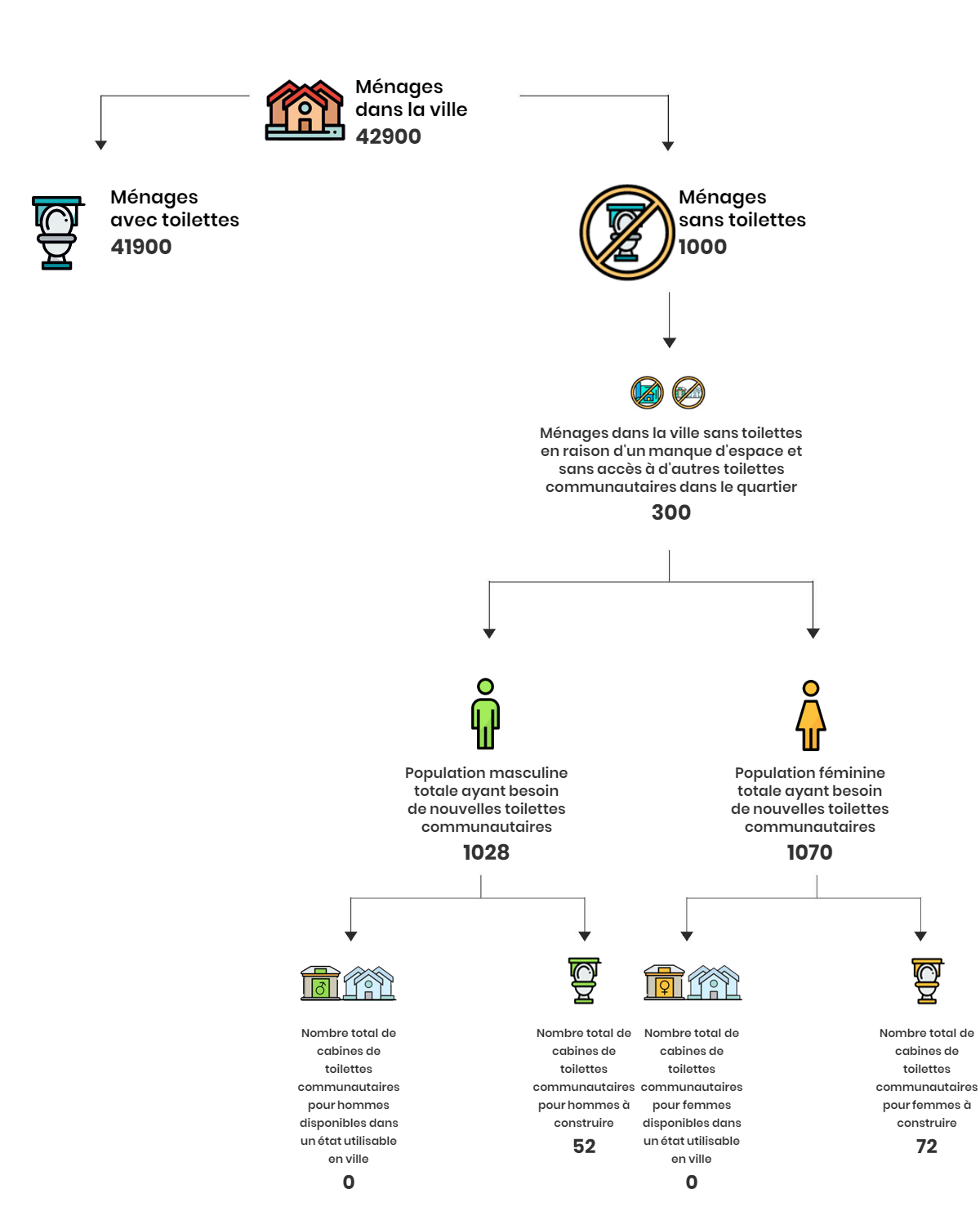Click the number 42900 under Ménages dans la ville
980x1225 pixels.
[388, 136]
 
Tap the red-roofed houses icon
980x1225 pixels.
[305, 110]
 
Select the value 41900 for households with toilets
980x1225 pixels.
[141, 247]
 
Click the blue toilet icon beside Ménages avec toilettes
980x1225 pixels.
[57, 232]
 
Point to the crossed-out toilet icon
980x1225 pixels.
[626, 232]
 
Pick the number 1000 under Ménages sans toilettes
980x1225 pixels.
[702, 247]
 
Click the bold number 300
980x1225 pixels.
[670, 512]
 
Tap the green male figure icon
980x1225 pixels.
[485, 713]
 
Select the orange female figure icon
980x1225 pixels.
[810, 715]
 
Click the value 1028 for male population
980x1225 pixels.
[486, 852]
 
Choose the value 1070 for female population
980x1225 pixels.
[809, 852]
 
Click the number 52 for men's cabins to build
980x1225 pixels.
[584, 1146]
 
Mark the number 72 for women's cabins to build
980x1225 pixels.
[927, 1146]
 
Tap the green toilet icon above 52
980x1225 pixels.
[584, 980]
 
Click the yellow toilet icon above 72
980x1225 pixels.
[927, 981]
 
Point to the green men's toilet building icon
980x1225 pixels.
[320, 983]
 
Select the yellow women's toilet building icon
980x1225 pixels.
[664, 982]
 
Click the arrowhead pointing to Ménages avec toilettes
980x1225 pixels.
[100, 145]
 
